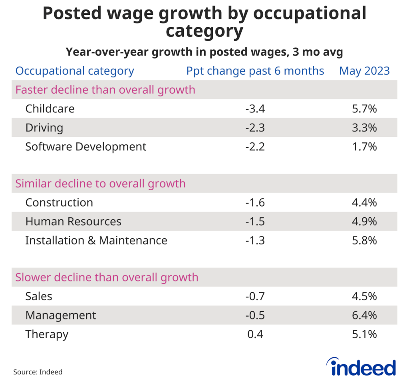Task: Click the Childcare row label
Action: pos(50,108)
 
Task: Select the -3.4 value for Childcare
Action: pos(255,108)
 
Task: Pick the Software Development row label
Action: pos(86,147)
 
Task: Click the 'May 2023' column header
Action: pos(364,71)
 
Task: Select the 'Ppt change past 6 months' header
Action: pos(255,71)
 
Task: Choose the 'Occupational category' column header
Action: pos(75,71)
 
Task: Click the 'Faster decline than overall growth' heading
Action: pos(105,89)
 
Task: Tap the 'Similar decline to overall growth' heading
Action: pos(100,183)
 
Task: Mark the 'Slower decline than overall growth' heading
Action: pos(107,277)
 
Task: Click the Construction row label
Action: pos(59,203)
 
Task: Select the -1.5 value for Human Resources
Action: pos(255,221)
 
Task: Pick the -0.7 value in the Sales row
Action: pos(255,296)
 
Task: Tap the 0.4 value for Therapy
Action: pos(255,334)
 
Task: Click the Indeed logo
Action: pos(361,367)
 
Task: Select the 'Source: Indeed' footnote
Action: pos(38,372)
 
